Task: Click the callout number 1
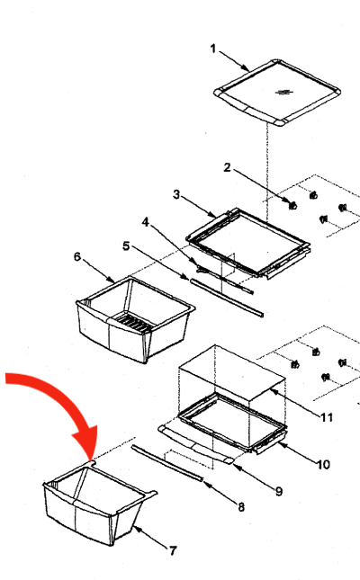(213, 49)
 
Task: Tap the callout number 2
(227, 167)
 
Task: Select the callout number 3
(176, 194)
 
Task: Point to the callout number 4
(146, 222)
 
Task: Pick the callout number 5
(126, 246)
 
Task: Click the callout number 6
(77, 256)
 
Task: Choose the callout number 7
(173, 551)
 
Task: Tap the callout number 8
(241, 507)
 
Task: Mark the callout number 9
(279, 491)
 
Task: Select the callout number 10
(323, 464)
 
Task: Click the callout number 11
(327, 417)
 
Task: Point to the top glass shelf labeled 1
(277, 93)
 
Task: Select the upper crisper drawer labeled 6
(135, 319)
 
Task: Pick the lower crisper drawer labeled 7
(99, 503)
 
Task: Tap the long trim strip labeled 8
(167, 464)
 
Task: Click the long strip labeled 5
(227, 299)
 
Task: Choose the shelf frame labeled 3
(247, 243)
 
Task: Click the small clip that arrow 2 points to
(293, 205)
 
